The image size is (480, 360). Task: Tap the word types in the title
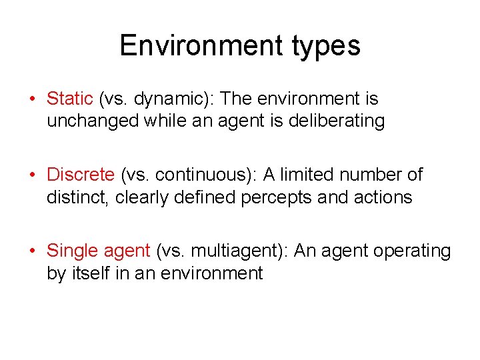coord(326,47)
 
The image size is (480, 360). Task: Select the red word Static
coord(69,99)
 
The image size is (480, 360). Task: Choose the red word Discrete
coord(81,175)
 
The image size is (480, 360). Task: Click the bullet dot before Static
coord(32,99)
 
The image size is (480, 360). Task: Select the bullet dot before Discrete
coord(32,175)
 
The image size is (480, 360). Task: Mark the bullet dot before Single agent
coord(32,251)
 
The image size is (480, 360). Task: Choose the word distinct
coord(78,197)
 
